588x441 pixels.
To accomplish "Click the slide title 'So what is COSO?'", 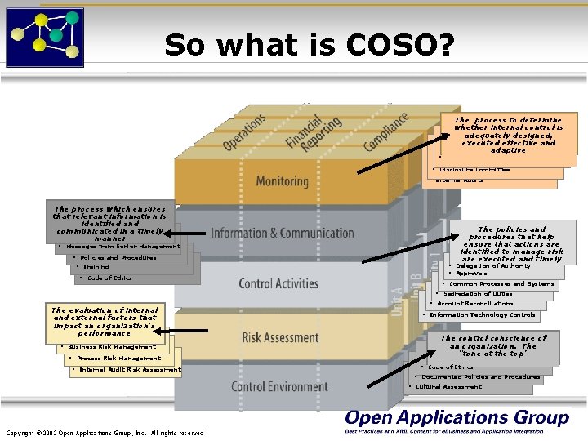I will pos(308,45).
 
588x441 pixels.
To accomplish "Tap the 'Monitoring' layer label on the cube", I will pos(282,180).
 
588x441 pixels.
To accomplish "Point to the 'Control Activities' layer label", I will pos(278,284).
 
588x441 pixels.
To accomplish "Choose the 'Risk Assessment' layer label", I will pos(280,337).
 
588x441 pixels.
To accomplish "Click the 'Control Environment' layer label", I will pos(279,386).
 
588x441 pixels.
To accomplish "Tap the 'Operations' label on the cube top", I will pos(245,131).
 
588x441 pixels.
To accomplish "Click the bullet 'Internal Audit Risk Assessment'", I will pos(130,370).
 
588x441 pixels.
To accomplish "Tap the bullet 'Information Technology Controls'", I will pos(483,314).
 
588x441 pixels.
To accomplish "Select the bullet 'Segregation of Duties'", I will pos(478,294).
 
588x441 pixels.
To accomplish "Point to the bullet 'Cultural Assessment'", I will pos(448,387).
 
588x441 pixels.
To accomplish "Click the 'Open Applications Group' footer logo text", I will pos(457,417).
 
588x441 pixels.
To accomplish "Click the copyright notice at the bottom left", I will pos(105,432).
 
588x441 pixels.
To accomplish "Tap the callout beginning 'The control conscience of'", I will pos(492,346).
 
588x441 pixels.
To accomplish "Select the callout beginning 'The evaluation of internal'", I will pos(104,321).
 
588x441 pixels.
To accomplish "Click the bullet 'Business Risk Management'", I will pos(112,347).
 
